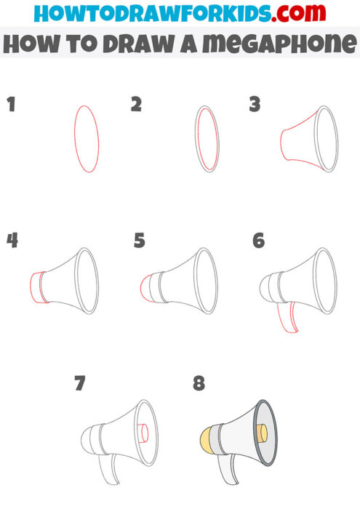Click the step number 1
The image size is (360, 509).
[x=11, y=105]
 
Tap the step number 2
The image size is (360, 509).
[x=136, y=105]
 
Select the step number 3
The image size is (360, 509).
[x=255, y=105]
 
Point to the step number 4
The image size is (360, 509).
[x=12, y=241]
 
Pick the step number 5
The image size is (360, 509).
[x=140, y=241]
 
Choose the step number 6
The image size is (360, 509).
[x=258, y=241]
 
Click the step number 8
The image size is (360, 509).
[x=199, y=383]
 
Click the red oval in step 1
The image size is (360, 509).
[x=87, y=138]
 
